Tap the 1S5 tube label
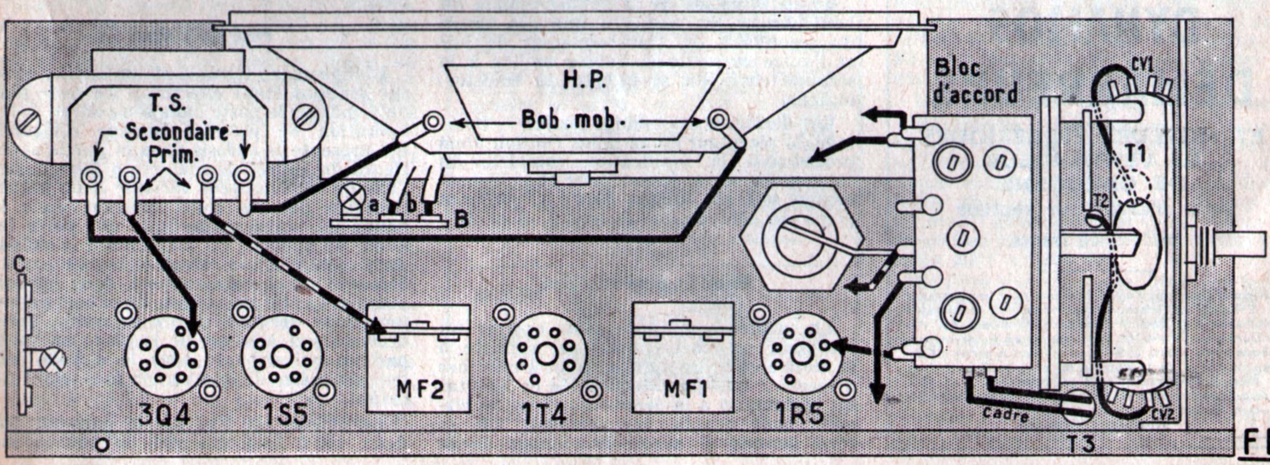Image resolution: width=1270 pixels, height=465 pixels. [x=285, y=415]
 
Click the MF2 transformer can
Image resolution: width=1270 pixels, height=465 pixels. [x=419, y=358]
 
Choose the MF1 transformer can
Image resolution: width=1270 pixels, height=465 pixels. [x=683, y=358]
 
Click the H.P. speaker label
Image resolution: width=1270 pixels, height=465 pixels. [x=585, y=80]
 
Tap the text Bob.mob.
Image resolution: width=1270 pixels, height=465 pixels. [x=573, y=121]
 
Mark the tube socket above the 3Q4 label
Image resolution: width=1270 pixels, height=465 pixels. [x=166, y=356]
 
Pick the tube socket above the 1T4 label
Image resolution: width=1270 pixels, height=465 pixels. [x=546, y=355]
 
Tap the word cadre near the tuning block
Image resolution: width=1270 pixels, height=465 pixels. [x=1006, y=414]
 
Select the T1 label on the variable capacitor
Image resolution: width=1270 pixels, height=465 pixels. [x=1135, y=154]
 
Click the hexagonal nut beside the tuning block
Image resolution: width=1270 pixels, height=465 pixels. [x=801, y=239]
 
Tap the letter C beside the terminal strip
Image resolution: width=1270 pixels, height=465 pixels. [x=20, y=263]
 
